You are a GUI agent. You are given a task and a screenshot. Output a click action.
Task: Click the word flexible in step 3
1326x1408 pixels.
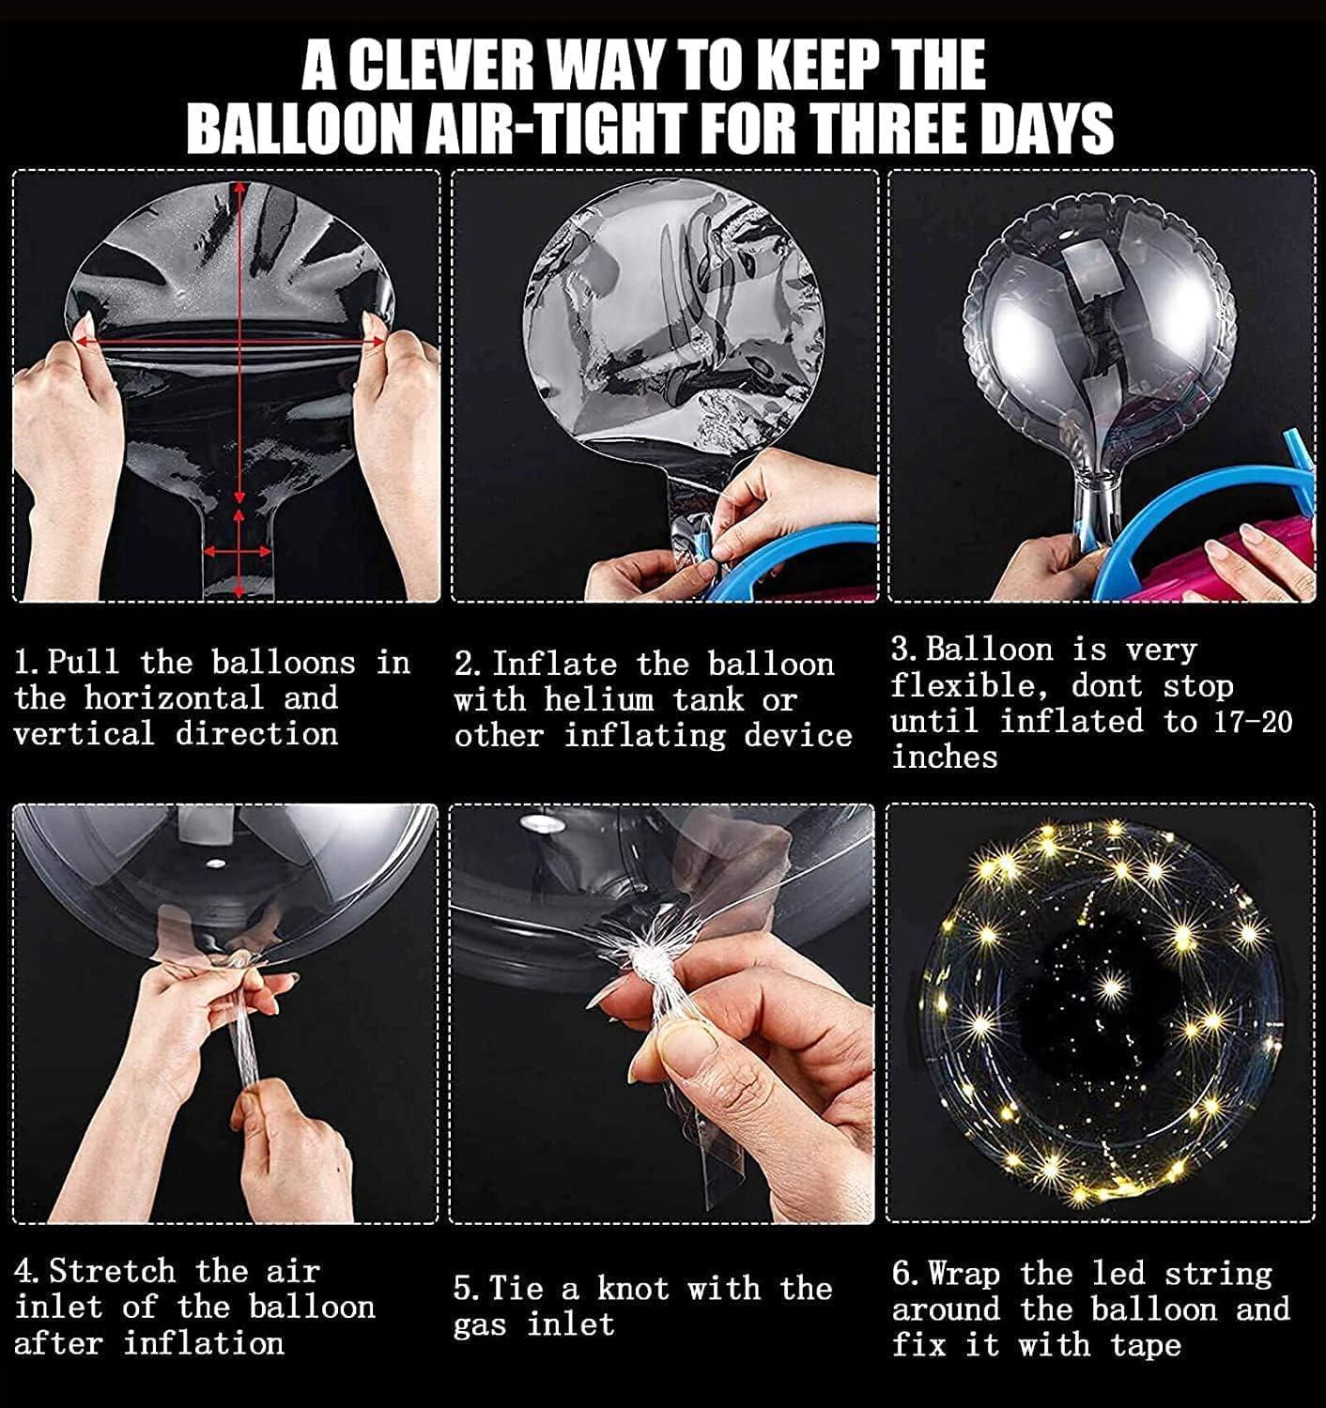(973, 686)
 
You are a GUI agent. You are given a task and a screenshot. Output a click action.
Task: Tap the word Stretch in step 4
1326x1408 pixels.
(112, 1270)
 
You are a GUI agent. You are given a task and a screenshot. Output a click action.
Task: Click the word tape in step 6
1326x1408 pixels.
(1145, 1345)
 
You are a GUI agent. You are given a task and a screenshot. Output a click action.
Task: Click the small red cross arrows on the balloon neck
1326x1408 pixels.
(239, 551)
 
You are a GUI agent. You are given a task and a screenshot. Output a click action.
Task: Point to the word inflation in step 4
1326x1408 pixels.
(204, 1343)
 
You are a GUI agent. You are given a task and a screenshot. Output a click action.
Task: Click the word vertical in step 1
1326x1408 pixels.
(84, 734)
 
